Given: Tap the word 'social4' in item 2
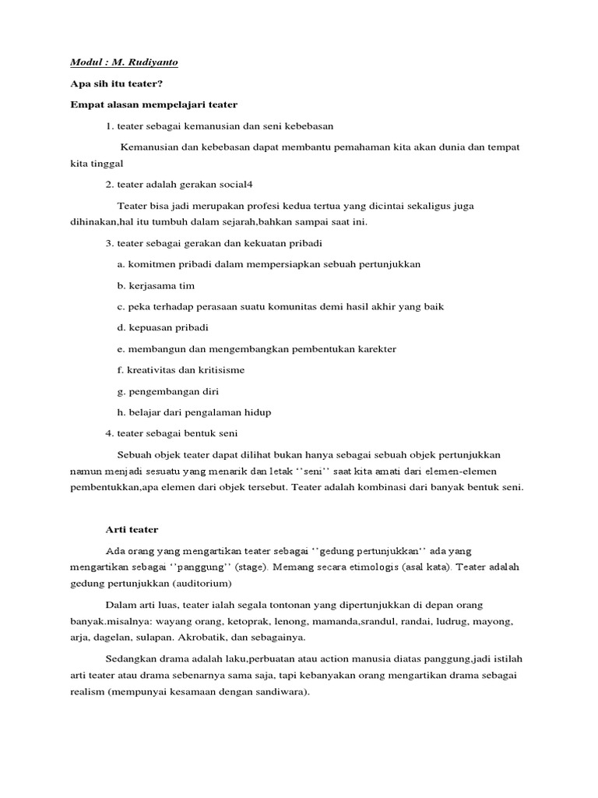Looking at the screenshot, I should click(x=237, y=184).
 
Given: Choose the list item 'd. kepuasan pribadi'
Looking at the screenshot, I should click(x=164, y=327).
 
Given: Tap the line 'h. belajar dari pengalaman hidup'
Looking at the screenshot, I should click(x=195, y=411).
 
